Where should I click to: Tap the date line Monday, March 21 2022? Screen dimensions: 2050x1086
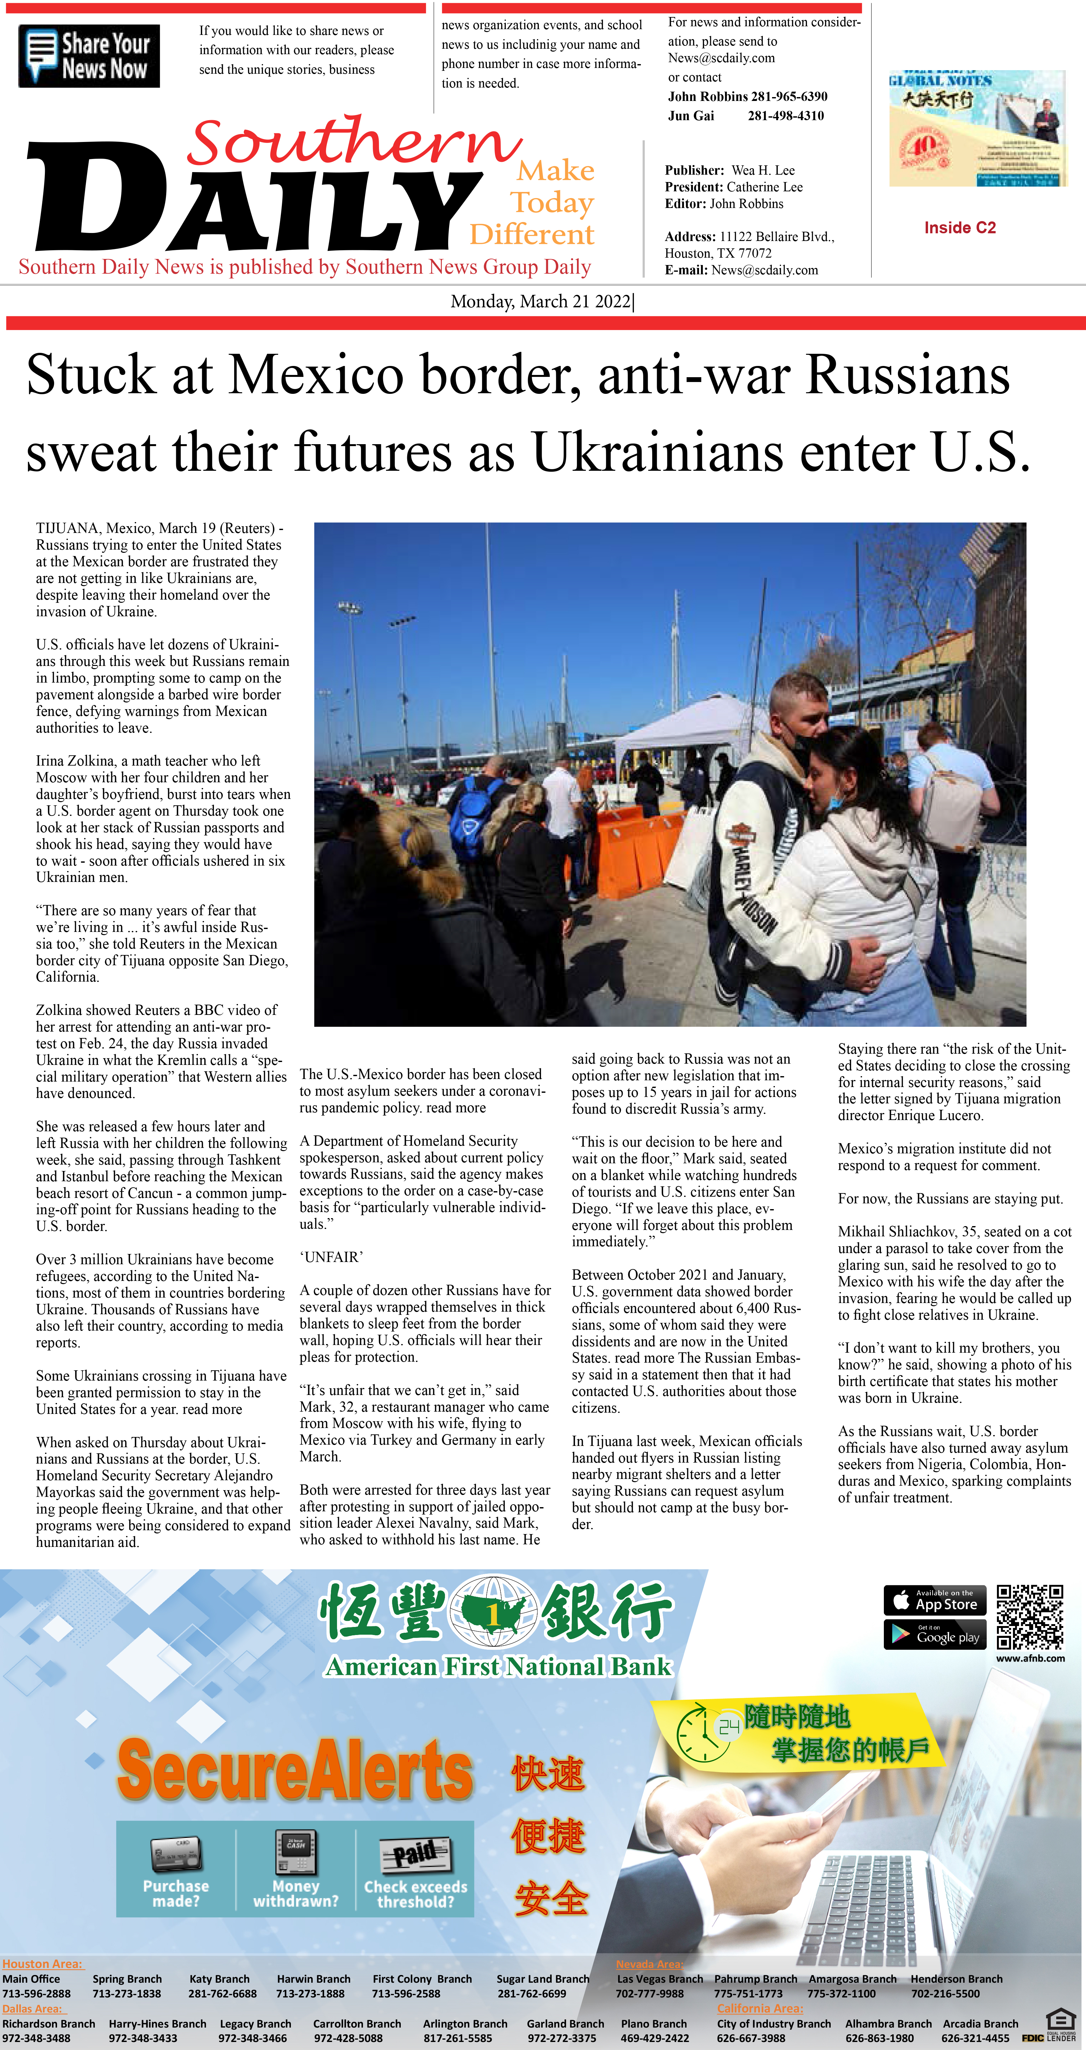541,302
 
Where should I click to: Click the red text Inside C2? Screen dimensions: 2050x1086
959,228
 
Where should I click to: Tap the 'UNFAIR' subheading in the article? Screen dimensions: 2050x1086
331,1257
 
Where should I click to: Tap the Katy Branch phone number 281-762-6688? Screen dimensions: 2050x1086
222,1994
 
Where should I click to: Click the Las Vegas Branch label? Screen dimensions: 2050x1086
660,1979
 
